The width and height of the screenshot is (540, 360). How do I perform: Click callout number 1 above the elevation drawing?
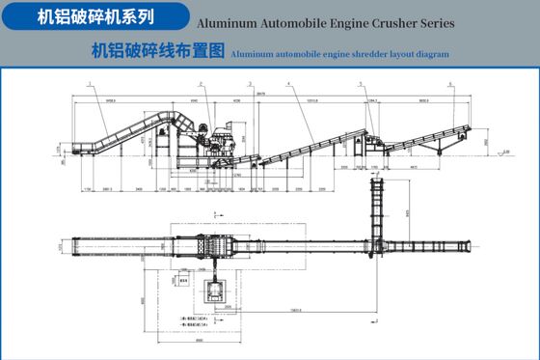[87, 85]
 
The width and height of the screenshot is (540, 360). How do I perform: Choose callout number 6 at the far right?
[448, 85]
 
